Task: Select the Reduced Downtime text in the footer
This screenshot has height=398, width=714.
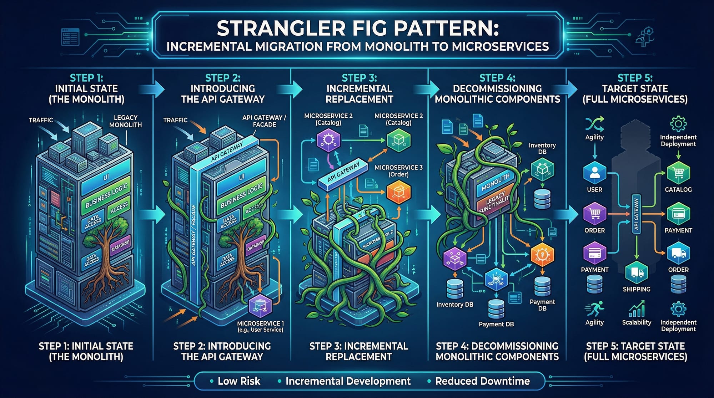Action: (x=482, y=381)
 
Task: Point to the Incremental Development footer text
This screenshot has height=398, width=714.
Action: (x=348, y=381)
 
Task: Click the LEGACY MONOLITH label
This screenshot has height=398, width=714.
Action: (x=125, y=121)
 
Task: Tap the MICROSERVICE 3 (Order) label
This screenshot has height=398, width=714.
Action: (x=398, y=171)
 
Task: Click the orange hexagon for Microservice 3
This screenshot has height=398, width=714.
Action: (x=399, y=192)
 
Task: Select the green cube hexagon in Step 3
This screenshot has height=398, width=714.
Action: (x=399, y=141)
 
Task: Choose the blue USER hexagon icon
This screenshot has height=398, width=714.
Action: (x=594, y=173)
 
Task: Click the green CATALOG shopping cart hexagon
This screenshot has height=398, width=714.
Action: (x=678, y=173)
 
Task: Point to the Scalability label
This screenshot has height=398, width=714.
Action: (x=637, y=322)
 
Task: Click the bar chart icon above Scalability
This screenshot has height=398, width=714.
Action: (x=637, y=308)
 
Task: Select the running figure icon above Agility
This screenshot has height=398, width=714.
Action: (x=594, y=308)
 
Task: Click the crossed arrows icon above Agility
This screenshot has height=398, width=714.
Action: (x=594, y=124)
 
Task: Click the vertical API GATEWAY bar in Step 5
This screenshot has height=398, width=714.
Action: (x=636, y=214)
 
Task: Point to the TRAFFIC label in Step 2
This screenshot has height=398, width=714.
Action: (x=175, y=120)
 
